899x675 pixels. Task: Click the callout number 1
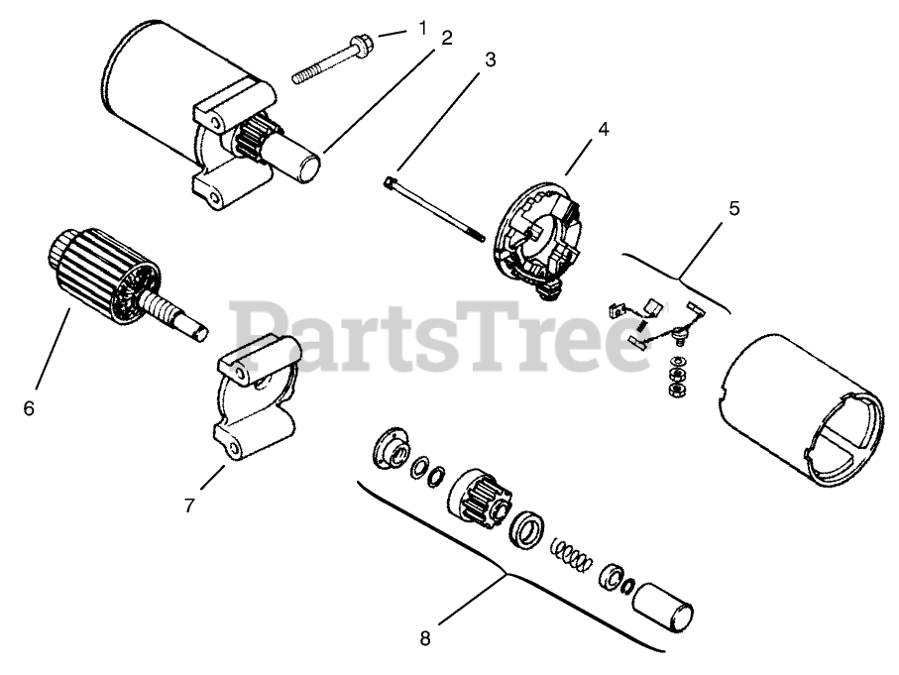[x=423, y=28]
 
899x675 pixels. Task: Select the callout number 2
[x=447, y=38]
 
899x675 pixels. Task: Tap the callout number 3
[x=490, y=58]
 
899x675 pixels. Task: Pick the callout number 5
[x=733, y=209]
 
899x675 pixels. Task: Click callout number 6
[x=28, y=407]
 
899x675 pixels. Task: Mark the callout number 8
[x=425, y=638]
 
